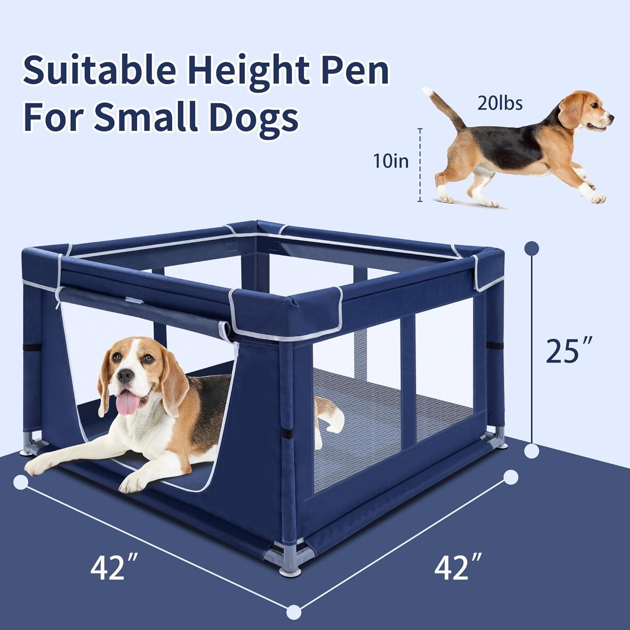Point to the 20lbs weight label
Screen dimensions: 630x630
(500, 103)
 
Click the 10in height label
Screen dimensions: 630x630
(391, 161)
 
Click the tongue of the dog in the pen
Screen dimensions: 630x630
(126, 404)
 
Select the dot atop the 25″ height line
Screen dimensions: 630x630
(532, 248)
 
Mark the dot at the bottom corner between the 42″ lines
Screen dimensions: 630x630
(295, 609)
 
